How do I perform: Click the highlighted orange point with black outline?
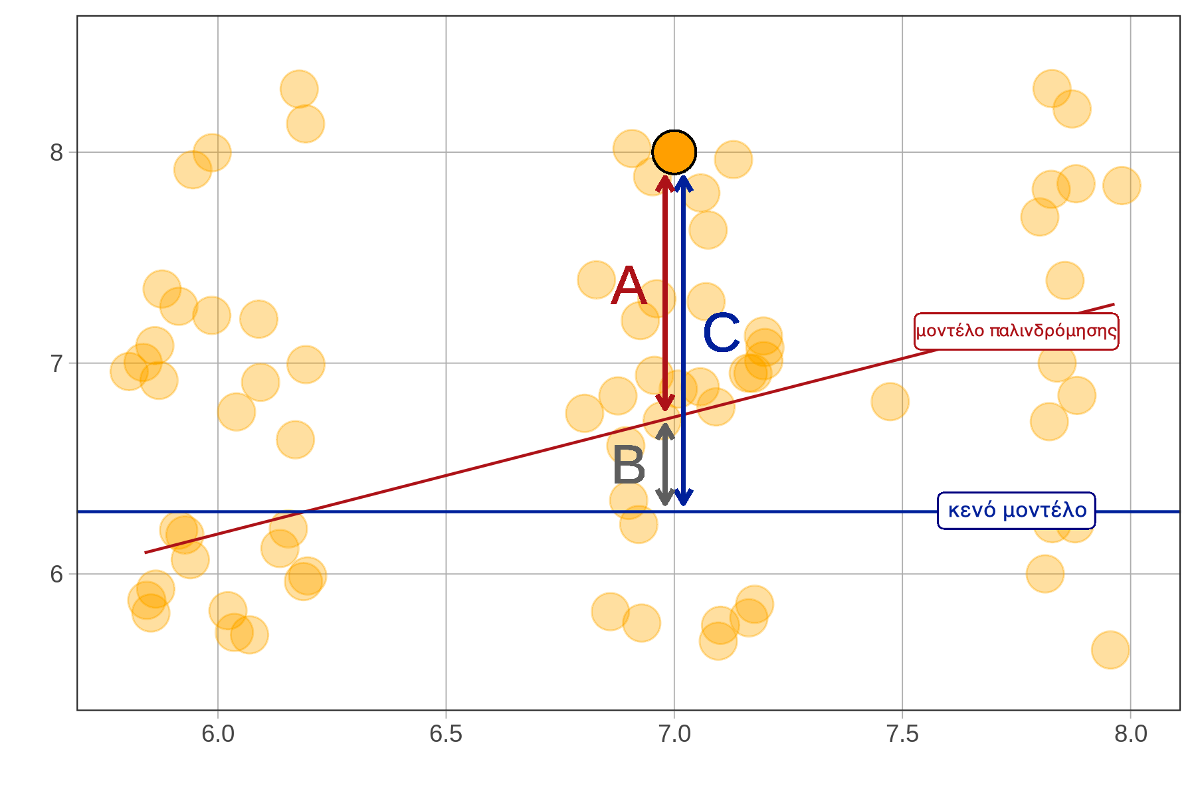[x=674, y=152]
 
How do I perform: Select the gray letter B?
[x=628, y=466]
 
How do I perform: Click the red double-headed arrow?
[x=665, y=292]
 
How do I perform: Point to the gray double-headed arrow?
[x=665, y=464]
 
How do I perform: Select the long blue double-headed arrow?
[x=684, y=339]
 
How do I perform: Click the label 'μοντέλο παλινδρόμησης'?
[x=1016, y=331]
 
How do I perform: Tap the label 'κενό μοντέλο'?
[x=1016, y=511]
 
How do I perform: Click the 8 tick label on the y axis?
[x=56, y=153]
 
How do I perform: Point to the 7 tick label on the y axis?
[x=56, y=363]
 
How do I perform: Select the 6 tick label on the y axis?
[x=56, y=574]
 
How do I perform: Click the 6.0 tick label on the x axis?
[x=218, y=734]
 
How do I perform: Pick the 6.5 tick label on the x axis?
[x=446, y=734]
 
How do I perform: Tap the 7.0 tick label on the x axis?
[x=674, y=734]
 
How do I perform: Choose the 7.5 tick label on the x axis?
[x=902, y=734]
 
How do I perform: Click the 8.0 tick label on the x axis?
[x=1131, y=734]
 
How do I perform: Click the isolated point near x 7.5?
[x=890, y=401]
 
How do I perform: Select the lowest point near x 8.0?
[x=1110, y=650]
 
